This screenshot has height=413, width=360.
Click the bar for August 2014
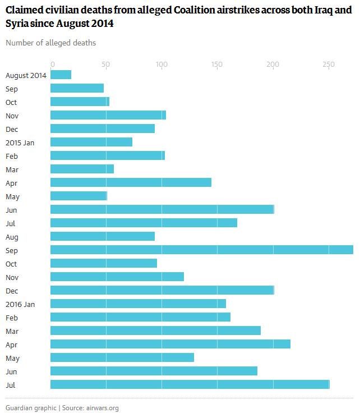click(61, 75)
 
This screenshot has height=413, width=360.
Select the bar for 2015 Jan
click(91, 142)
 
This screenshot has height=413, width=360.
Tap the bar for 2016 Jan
click(138, 304)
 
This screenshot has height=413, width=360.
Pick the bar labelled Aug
click(103, 236)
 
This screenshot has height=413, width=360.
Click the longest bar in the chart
click(202, 250)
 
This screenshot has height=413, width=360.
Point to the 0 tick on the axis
click(52, 64)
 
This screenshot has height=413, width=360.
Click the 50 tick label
click(106, 64)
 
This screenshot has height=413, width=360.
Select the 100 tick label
click(161, 64)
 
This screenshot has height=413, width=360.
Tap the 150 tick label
click(216, 64)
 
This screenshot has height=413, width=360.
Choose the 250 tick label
click(328, 64)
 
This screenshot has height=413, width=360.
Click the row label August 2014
click(26, 75)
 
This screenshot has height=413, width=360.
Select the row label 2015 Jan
click(20, 143)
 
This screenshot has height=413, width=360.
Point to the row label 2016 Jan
click(20, 304)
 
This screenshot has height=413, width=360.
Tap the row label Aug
click(12, 237)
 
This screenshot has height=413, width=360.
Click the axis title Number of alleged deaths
click(50, 43)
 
